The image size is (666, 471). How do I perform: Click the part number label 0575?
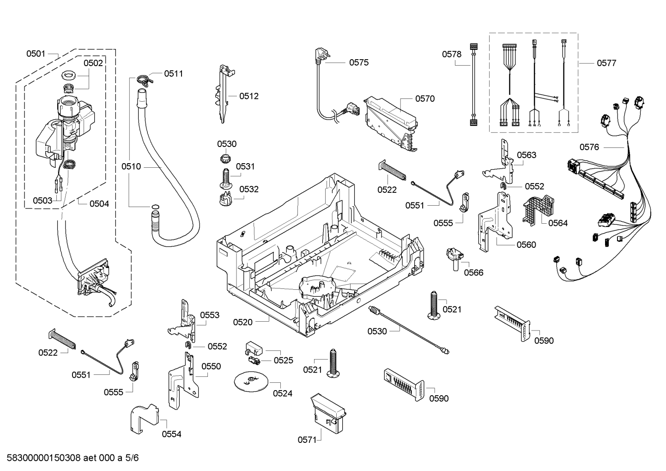358,62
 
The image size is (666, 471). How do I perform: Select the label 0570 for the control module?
424,98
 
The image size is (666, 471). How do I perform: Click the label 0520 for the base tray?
242,322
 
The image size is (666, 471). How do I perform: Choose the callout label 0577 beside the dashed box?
606,63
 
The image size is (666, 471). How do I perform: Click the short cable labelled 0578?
473,84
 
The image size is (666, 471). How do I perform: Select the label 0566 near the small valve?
473,273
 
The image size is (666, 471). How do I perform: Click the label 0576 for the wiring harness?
589,147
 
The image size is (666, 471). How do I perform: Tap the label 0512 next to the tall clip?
248,96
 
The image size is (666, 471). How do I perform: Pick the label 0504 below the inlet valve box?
99,203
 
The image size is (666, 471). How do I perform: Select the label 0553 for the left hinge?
210,315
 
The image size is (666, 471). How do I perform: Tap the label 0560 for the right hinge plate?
526,245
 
